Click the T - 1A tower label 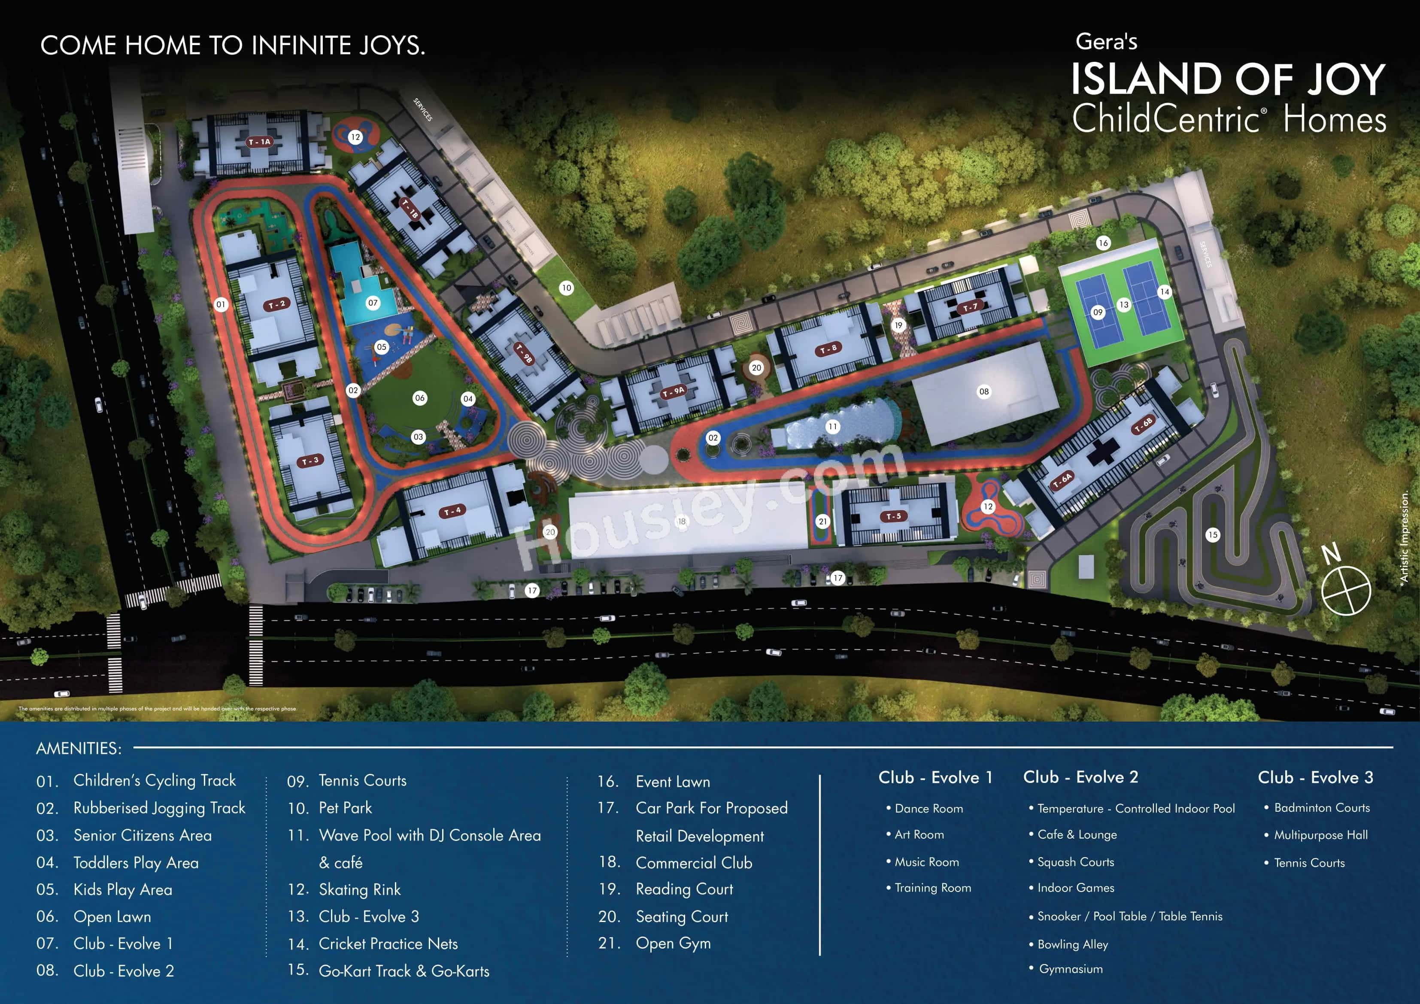click(x=260, y=142)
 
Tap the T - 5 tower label click(x=894, y=516)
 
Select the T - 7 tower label click(x=970, y=307)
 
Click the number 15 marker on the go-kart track click(x=1212, y=534)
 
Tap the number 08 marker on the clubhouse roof click(x=983, y=391)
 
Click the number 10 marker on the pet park click(x=566, y=288)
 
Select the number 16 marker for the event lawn click(x=1103, y=243)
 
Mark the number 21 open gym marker click(x=822, y=522)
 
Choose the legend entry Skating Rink click(x=359, y=889)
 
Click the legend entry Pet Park click(x=345, y=808)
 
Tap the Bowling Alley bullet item click(x=1072, y=944)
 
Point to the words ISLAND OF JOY click(x=1228, y=79)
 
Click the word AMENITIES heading click(x=79, y=749)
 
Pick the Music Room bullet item click(x=926, y=862)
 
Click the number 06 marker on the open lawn click(x=419, y=398)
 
